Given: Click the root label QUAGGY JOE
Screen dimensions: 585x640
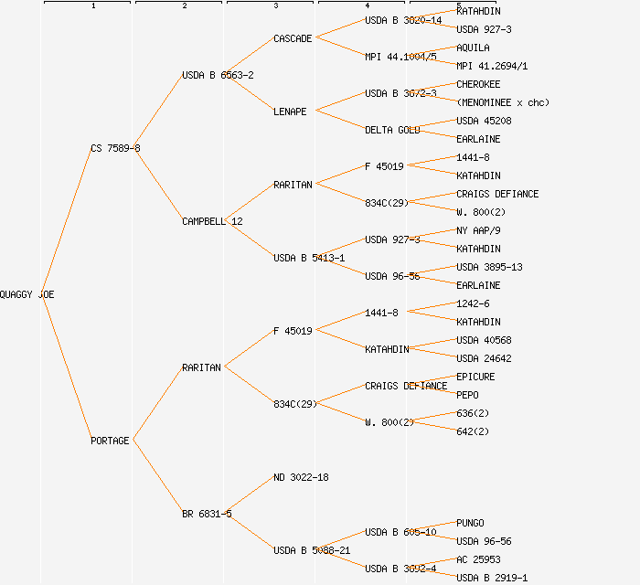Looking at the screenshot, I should (27, 294).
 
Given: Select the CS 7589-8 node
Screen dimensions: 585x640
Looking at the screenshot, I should (115, 148).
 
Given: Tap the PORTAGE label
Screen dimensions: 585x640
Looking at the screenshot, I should (110, 441).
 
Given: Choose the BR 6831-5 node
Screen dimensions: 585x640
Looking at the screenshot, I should (207, 514).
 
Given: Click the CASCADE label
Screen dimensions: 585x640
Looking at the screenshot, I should (293, 38).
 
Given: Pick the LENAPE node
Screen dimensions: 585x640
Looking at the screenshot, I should (290, 112).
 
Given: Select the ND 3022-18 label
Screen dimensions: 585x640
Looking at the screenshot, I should (301, 477).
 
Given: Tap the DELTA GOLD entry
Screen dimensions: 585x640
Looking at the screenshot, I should (392, 130).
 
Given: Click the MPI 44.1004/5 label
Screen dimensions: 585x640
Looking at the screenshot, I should (400, 57).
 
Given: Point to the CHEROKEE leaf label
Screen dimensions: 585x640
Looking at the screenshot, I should (478, 84).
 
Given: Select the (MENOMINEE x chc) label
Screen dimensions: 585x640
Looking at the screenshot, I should (503, 102).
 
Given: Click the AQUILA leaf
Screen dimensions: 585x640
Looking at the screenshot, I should (473, 48).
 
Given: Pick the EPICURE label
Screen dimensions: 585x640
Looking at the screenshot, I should (475, 377).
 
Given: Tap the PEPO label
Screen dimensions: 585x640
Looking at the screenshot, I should (467, 395).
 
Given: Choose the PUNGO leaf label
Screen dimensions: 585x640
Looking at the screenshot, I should (470, 523).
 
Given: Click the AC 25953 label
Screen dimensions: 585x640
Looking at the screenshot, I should (478, 559).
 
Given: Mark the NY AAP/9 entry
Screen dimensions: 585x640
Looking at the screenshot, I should (478, 230).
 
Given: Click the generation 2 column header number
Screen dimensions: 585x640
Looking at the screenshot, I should (185, 6).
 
